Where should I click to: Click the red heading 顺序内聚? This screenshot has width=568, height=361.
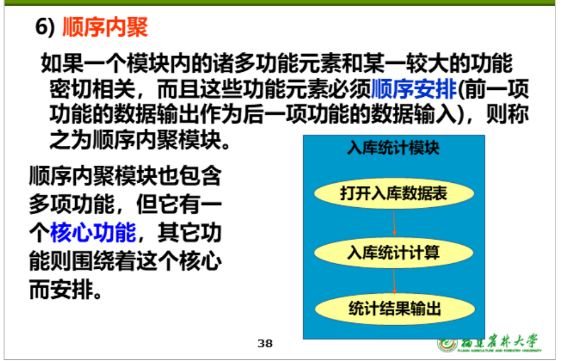click(x=105, y=27)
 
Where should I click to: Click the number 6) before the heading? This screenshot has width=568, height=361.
click(x=45, y=27)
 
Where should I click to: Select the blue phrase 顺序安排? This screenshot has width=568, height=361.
click(x=414, y=89)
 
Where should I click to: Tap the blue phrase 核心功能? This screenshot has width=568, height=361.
click(x=93, y=232)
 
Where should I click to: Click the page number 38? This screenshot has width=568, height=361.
click(x=265, y=343)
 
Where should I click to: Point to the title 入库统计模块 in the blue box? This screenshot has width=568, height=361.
click(x=394, y=148)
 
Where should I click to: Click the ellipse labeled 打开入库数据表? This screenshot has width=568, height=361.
click(x=394, y=194)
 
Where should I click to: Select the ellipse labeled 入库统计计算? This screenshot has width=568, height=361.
click(x=394, y=252)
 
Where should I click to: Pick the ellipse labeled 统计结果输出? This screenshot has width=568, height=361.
click(x=394, y=309)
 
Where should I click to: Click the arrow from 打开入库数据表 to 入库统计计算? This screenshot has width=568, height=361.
click(x=394, y=223)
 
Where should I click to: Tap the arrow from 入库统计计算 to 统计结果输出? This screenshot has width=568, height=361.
click(x=394, y=281)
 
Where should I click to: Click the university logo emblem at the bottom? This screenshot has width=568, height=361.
click(x=447, y=344)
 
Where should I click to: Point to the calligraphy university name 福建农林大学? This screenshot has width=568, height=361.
click(x=499, y=342)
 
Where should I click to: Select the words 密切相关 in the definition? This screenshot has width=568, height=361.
click(x=92, y=89)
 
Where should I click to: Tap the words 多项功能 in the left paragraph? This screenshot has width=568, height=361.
click(x=72, y=204)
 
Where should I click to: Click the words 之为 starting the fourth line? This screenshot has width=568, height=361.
click(x=71, y=140)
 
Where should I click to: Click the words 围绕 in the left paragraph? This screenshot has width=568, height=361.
click(x=93, y=261)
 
